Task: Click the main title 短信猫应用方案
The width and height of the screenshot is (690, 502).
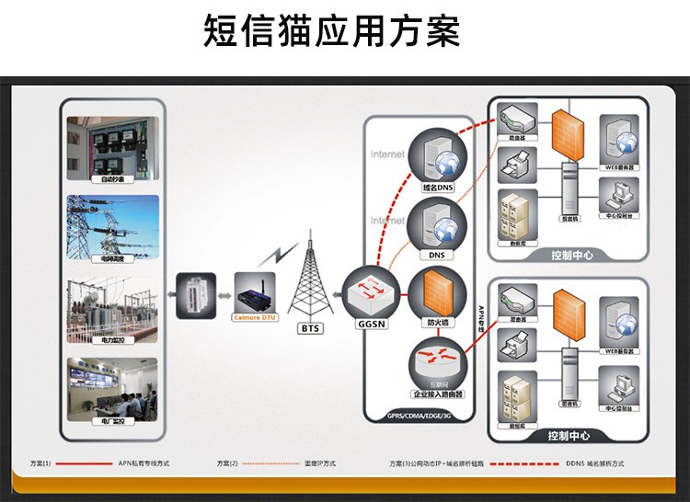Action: tap(331, 31)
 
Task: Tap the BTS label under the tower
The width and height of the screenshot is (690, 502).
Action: tap(310, 326)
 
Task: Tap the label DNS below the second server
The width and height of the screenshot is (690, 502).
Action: tap(437, 256)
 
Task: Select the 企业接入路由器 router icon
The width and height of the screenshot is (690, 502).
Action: tap(438, 361)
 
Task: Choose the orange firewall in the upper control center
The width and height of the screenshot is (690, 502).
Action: tap(566, 133)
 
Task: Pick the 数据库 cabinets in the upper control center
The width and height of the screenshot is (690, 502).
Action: tap(515, 216)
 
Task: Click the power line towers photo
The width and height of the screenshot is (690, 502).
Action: tap(112, 228)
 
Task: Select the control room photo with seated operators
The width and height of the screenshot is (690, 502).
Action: tap(112, 390)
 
